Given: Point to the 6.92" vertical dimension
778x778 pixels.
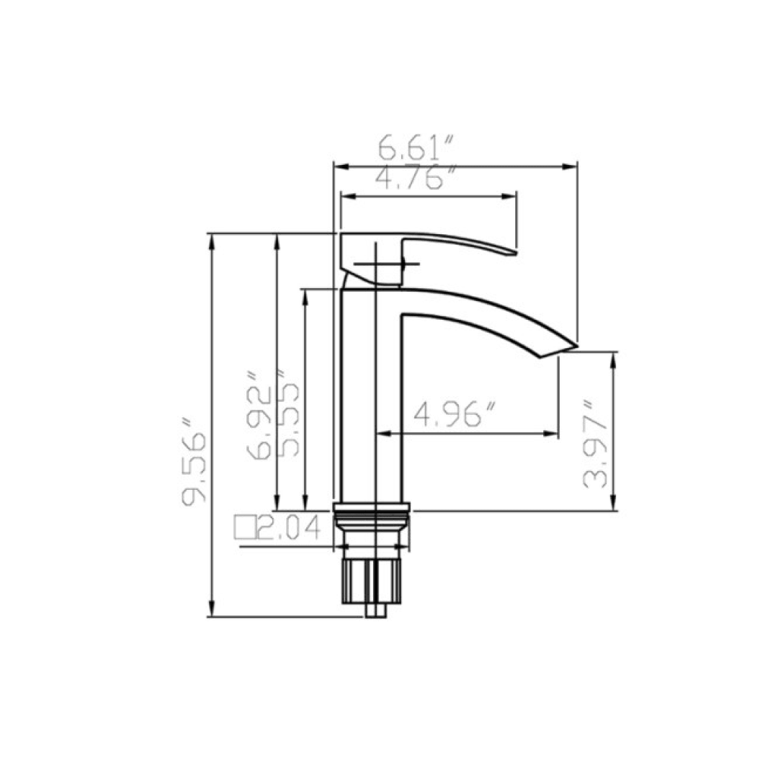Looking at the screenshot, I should (x=259, y=416).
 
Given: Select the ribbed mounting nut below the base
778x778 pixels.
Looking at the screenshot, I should (x=371, y=581).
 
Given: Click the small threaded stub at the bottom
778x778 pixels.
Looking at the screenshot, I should (x=375, y=611).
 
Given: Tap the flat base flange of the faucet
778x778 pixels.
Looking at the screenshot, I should (x=372, y=506).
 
